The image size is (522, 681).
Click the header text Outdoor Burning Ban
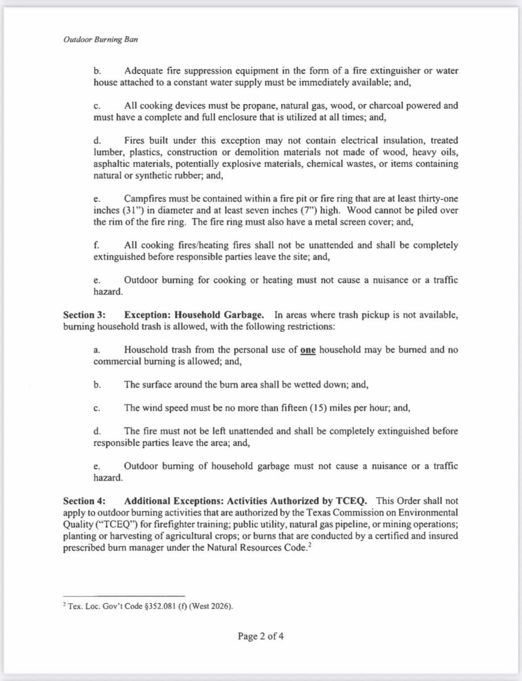click(100, 39)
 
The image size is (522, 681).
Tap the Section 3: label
click(84, 315)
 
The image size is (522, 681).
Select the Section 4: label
click(84, 501)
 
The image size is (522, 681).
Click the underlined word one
click(308, 350)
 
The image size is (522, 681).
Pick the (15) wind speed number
click(318, 408)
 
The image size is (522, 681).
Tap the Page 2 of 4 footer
click(261, 636)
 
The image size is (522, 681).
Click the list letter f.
click(96, 245)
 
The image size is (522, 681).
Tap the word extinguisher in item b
click(395, 71)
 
